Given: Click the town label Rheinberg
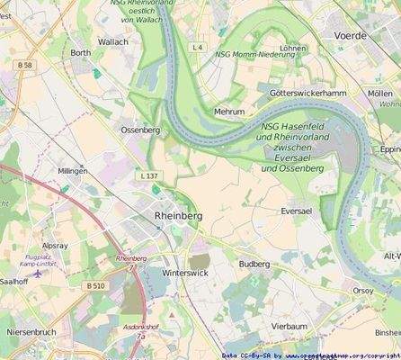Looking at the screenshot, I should (179, 217).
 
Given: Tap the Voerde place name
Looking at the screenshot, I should (351, 36).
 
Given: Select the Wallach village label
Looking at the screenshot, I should (113, 41).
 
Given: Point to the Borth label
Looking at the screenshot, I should (81, 53).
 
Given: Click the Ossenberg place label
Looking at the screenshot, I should (140, 130).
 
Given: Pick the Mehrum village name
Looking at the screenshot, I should (229, 112).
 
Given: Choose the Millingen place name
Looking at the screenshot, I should (73, 170).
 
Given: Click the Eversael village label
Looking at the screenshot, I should (296, 211).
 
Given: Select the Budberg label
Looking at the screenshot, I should (254, 264).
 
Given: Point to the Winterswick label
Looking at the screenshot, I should (185, 272).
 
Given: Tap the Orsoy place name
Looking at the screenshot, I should (363, 291).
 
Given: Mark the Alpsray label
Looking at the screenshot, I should (55, 245).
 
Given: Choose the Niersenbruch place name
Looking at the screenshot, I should (31, 332).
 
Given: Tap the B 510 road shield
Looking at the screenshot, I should (96, 285).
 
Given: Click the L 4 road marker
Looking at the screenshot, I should (199, 47).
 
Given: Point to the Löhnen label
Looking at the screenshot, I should (293, 49).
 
